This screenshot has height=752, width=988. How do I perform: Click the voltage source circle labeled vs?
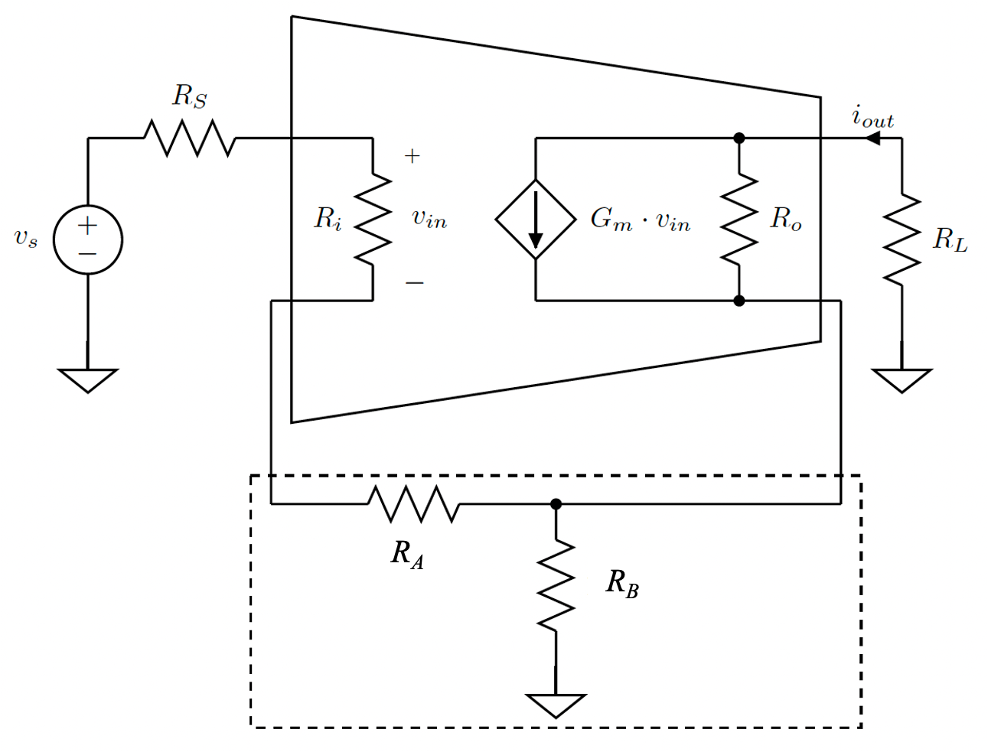point(88,239)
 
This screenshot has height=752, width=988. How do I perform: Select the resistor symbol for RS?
point(189,138)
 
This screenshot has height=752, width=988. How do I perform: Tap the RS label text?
point(190,96)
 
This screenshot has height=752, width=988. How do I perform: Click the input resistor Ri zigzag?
point(373,220)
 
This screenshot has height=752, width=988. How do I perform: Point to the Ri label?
point(328,220)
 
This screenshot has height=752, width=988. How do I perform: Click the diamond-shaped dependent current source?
point(536,220)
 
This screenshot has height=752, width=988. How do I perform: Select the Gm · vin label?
point(640,220)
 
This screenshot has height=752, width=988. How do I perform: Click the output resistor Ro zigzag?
point(739,220)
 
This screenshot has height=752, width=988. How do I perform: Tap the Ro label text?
point(786,220)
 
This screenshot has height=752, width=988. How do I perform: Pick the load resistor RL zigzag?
point(902,239)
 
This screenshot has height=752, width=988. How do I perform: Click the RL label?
point(950,240)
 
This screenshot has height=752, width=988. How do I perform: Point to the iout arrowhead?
point(872,138)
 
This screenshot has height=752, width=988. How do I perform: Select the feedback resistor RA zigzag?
point(414,504)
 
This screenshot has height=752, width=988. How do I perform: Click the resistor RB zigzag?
point(556,585)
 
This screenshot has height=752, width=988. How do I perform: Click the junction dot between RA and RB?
point(556,504)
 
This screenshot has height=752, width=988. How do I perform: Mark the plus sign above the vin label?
point(412,157)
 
